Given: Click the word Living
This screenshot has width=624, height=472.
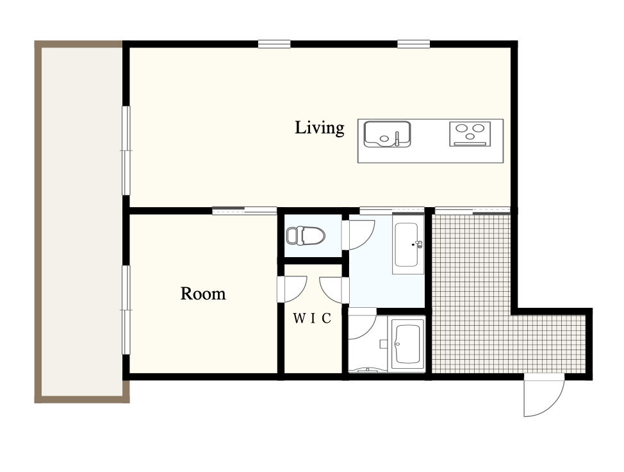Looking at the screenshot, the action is pos(319,128).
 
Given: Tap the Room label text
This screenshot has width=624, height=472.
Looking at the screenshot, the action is pos(203,294).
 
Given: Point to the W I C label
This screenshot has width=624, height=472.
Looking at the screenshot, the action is pos(312,318).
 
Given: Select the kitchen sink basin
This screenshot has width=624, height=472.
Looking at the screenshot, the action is pos(387,134).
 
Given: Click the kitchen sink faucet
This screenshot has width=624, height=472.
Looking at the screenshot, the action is pos(397,138).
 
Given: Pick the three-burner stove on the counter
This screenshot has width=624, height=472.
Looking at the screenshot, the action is pos(470,134).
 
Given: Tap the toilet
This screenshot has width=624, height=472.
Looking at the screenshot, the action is pos(306,235).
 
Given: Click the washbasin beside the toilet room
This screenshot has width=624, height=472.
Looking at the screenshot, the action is pos(409,244).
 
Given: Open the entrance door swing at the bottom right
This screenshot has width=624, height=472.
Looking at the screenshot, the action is pos(544,395).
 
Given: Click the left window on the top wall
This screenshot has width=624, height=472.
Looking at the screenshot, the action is pos(274,44).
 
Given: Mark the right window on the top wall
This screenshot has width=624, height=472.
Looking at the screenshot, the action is pos(413,44).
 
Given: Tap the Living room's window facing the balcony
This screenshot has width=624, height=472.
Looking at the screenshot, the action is pos(126,151).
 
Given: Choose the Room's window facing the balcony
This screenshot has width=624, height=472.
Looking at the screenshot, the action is pos(126,310).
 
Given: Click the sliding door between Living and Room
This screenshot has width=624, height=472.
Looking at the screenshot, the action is pos(244,211).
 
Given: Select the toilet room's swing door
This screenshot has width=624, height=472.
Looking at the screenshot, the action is pos(358,235).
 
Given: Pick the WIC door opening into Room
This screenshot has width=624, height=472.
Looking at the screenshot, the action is pos(292,289).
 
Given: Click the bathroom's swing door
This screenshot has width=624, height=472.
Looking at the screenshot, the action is pos(362,323).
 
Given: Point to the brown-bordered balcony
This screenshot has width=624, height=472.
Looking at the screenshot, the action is pos(81,221).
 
